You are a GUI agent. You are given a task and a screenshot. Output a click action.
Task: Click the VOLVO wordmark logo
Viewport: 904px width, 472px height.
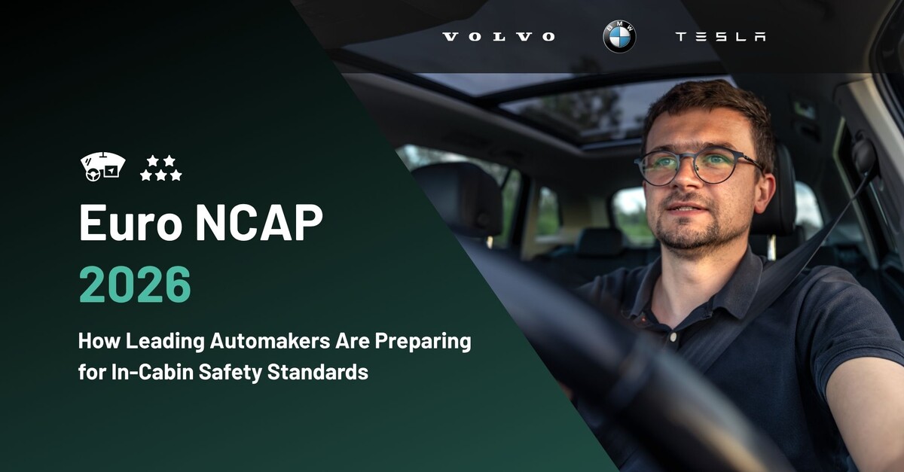point(498,37)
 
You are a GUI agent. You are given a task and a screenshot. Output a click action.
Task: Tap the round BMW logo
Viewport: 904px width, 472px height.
point(619,37)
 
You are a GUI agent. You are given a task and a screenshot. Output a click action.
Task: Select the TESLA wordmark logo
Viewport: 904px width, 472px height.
point(720,37)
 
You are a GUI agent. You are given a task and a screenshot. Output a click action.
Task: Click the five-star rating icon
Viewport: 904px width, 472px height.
point(160,168)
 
